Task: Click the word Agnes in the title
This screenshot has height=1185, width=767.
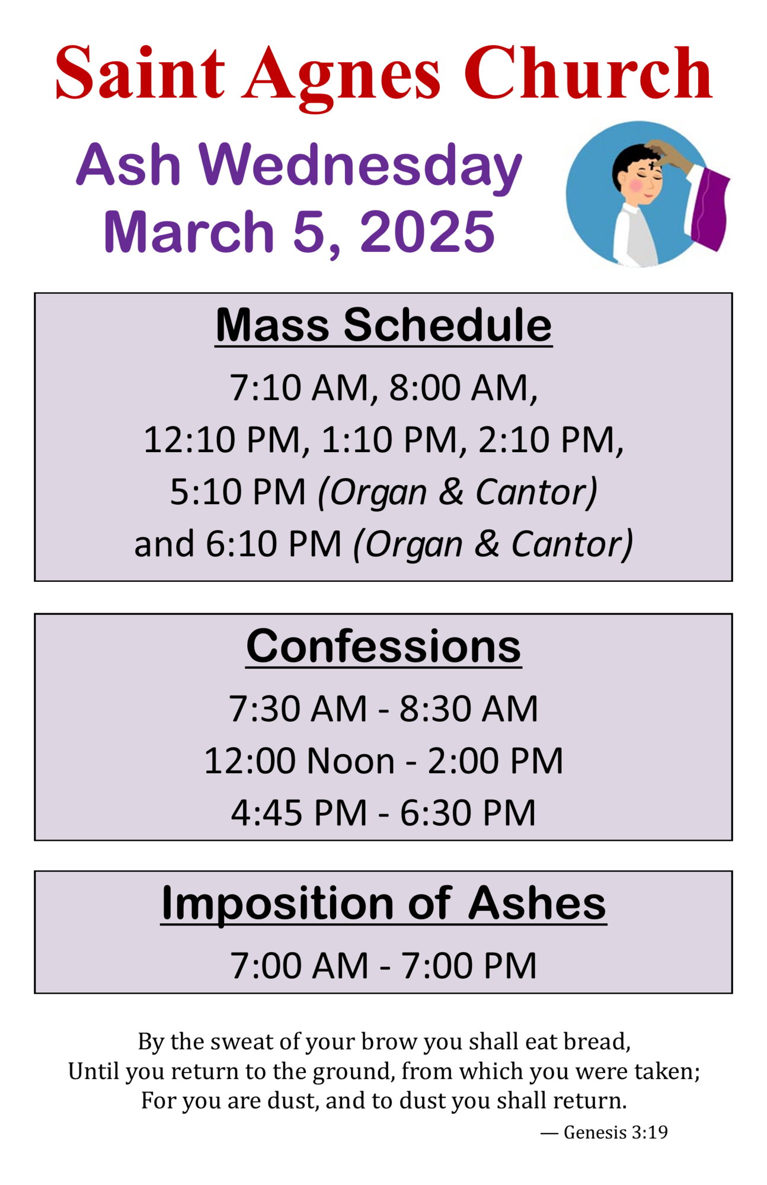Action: click(342, 75)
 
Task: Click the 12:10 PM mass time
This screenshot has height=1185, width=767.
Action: click(222, 440)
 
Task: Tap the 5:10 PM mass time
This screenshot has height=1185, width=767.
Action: click(238, 492)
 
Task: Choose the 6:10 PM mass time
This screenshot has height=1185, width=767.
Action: click(273, 544)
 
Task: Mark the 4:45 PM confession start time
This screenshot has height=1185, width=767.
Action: click(299, 812)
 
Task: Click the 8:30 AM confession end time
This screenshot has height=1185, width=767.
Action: click(468, 709)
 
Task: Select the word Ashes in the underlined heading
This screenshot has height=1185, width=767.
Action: click(537, 904)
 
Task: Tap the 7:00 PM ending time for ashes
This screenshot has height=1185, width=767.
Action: click(469, 966)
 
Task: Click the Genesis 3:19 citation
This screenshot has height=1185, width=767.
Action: click(615, 1132)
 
